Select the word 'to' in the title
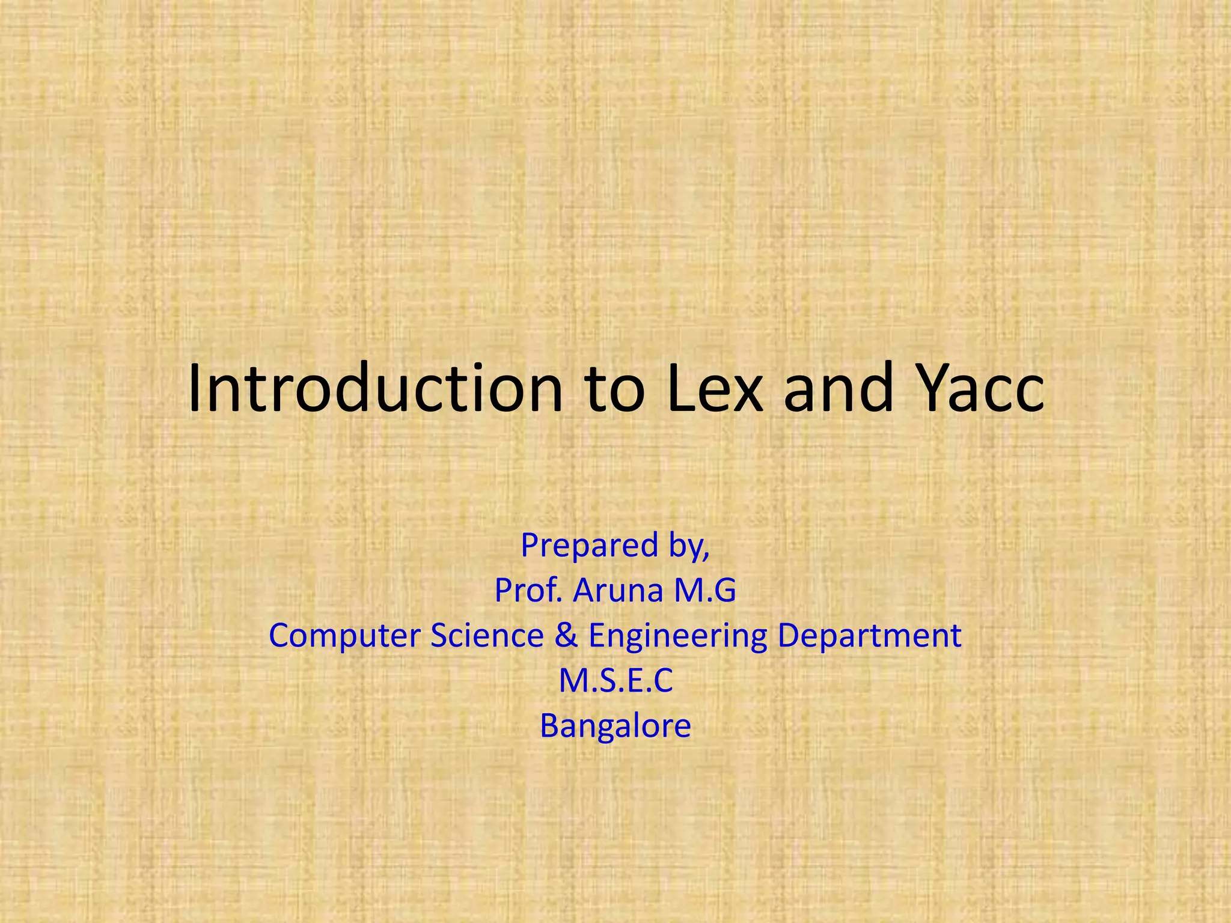coord(615,391)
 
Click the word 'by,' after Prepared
coord(680,546)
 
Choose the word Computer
coord(345,635)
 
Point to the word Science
coord(487,635)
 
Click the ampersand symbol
coord(566,635)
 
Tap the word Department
coord(869,636)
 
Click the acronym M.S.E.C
coord(615,681)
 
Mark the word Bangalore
coord(615,726)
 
